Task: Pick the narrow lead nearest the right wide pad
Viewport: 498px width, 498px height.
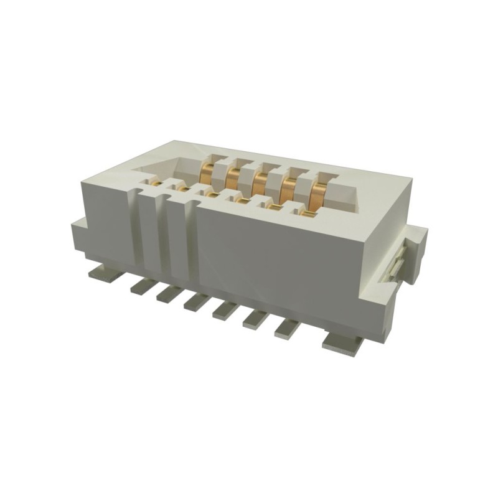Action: (288, 326)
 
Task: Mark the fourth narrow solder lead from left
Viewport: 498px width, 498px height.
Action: (225, 309)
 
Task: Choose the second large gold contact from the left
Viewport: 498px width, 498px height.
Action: (234, 178)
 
